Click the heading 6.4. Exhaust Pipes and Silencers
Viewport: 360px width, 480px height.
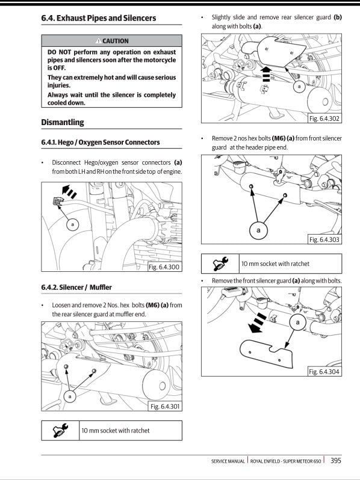point(98,18)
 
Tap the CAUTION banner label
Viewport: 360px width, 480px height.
point(111,41)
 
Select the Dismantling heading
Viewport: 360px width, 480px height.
point(63,122)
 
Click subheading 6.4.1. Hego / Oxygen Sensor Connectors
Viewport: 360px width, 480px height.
point(101,143)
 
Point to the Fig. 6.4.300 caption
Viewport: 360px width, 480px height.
point(164,267)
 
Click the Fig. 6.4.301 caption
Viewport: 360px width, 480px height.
point(164,407)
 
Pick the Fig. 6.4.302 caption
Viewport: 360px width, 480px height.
point(324,118)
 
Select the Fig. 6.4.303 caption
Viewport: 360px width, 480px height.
point(324,239)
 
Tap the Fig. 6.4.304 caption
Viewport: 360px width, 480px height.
point(324,372)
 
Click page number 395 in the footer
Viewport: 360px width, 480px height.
point(336,461)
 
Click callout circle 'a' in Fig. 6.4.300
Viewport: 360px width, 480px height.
point(72,224)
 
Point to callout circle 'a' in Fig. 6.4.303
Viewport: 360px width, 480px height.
point(258,230)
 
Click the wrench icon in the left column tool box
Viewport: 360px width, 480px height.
point(61,430)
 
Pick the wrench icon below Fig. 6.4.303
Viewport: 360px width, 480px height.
point(220,263)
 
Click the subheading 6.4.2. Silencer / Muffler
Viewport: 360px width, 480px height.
point(76,287)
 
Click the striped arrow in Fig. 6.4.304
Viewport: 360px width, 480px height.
point(258,322)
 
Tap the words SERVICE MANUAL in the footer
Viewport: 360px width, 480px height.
point(228,461)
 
